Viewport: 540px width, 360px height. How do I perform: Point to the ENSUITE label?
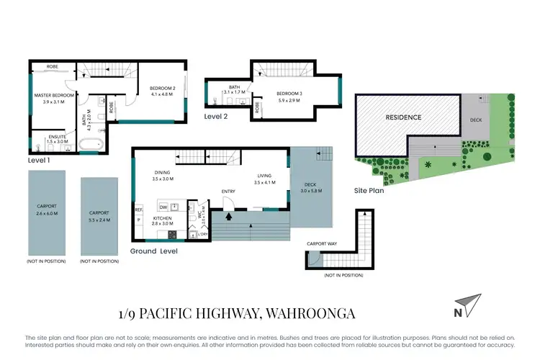click(47, 138)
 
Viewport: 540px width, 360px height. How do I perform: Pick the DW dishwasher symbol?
click(163, 207)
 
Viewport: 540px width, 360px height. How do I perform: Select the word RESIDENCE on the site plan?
click(402, 117)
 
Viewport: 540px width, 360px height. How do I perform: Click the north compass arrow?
click(466, 305)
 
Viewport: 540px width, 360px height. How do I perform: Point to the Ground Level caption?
click(154, 251)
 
